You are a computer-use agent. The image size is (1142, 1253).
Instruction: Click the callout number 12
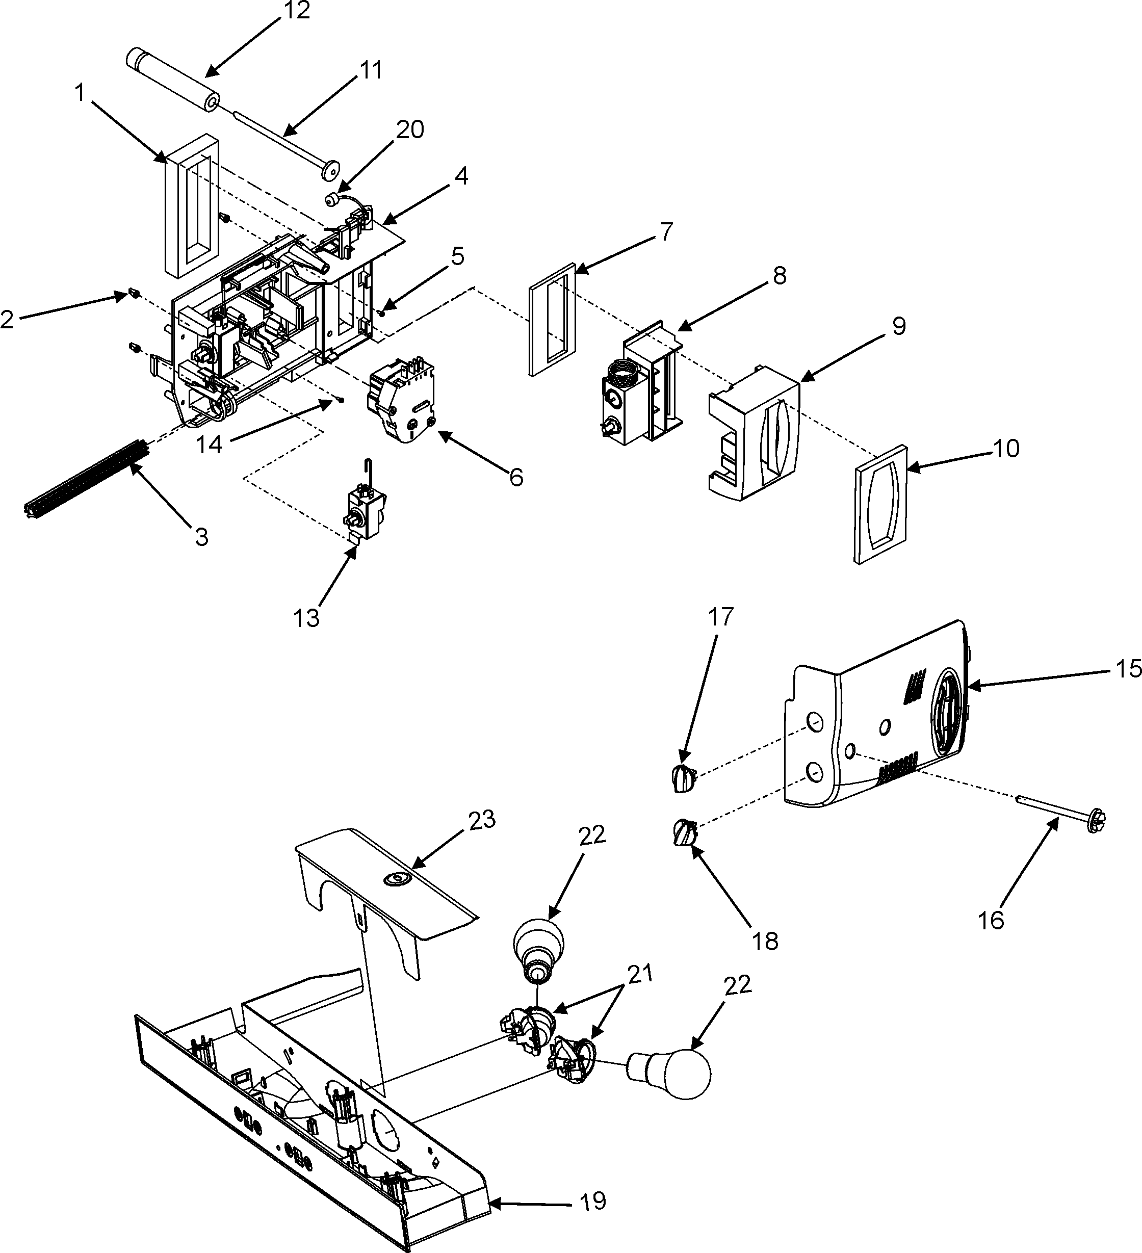click(x=297, y=11)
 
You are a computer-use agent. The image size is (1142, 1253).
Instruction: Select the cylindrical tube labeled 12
click(x=172, y=80)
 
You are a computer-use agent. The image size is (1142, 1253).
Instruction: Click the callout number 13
click(x=306, y=618)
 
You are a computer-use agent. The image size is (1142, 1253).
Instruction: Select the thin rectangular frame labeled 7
click(x=552, y=320)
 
